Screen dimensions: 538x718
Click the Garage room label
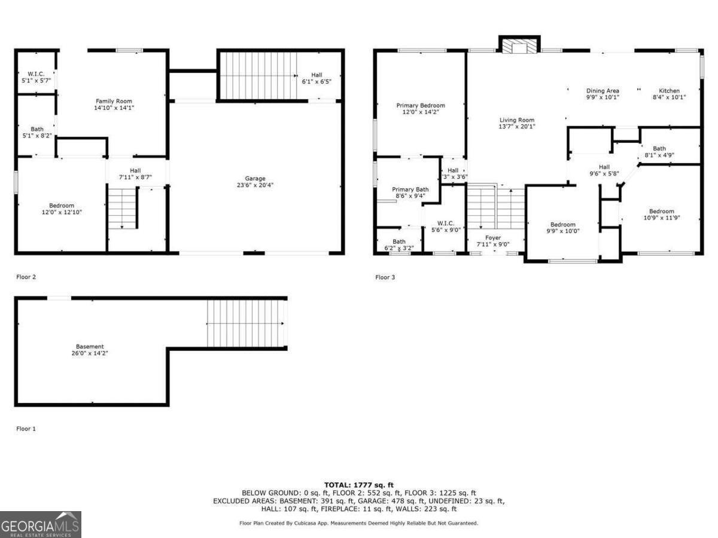(255, 178)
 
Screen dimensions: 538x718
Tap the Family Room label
(114, 101)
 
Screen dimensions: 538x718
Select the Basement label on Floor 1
(90, 347)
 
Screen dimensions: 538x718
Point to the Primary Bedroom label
(421, 105)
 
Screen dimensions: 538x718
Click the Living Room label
(517, 120)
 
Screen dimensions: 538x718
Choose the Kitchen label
(669, 91)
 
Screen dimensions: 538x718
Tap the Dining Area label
(603, 91)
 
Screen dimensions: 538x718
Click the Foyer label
(493, 237)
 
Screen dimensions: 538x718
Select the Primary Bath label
(410, 189)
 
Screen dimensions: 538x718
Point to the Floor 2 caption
(26, 277)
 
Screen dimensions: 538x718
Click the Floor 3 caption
(385, 277)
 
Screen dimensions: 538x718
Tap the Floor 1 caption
(26, 429)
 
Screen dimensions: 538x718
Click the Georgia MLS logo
(41, 525)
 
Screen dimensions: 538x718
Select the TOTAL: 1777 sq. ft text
(359, 485)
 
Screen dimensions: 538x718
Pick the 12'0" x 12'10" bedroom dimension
(62, 212)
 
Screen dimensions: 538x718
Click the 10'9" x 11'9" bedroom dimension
(662, 218)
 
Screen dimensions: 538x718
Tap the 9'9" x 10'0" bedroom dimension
(563, 231)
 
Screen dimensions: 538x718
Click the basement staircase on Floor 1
(247, 323)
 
